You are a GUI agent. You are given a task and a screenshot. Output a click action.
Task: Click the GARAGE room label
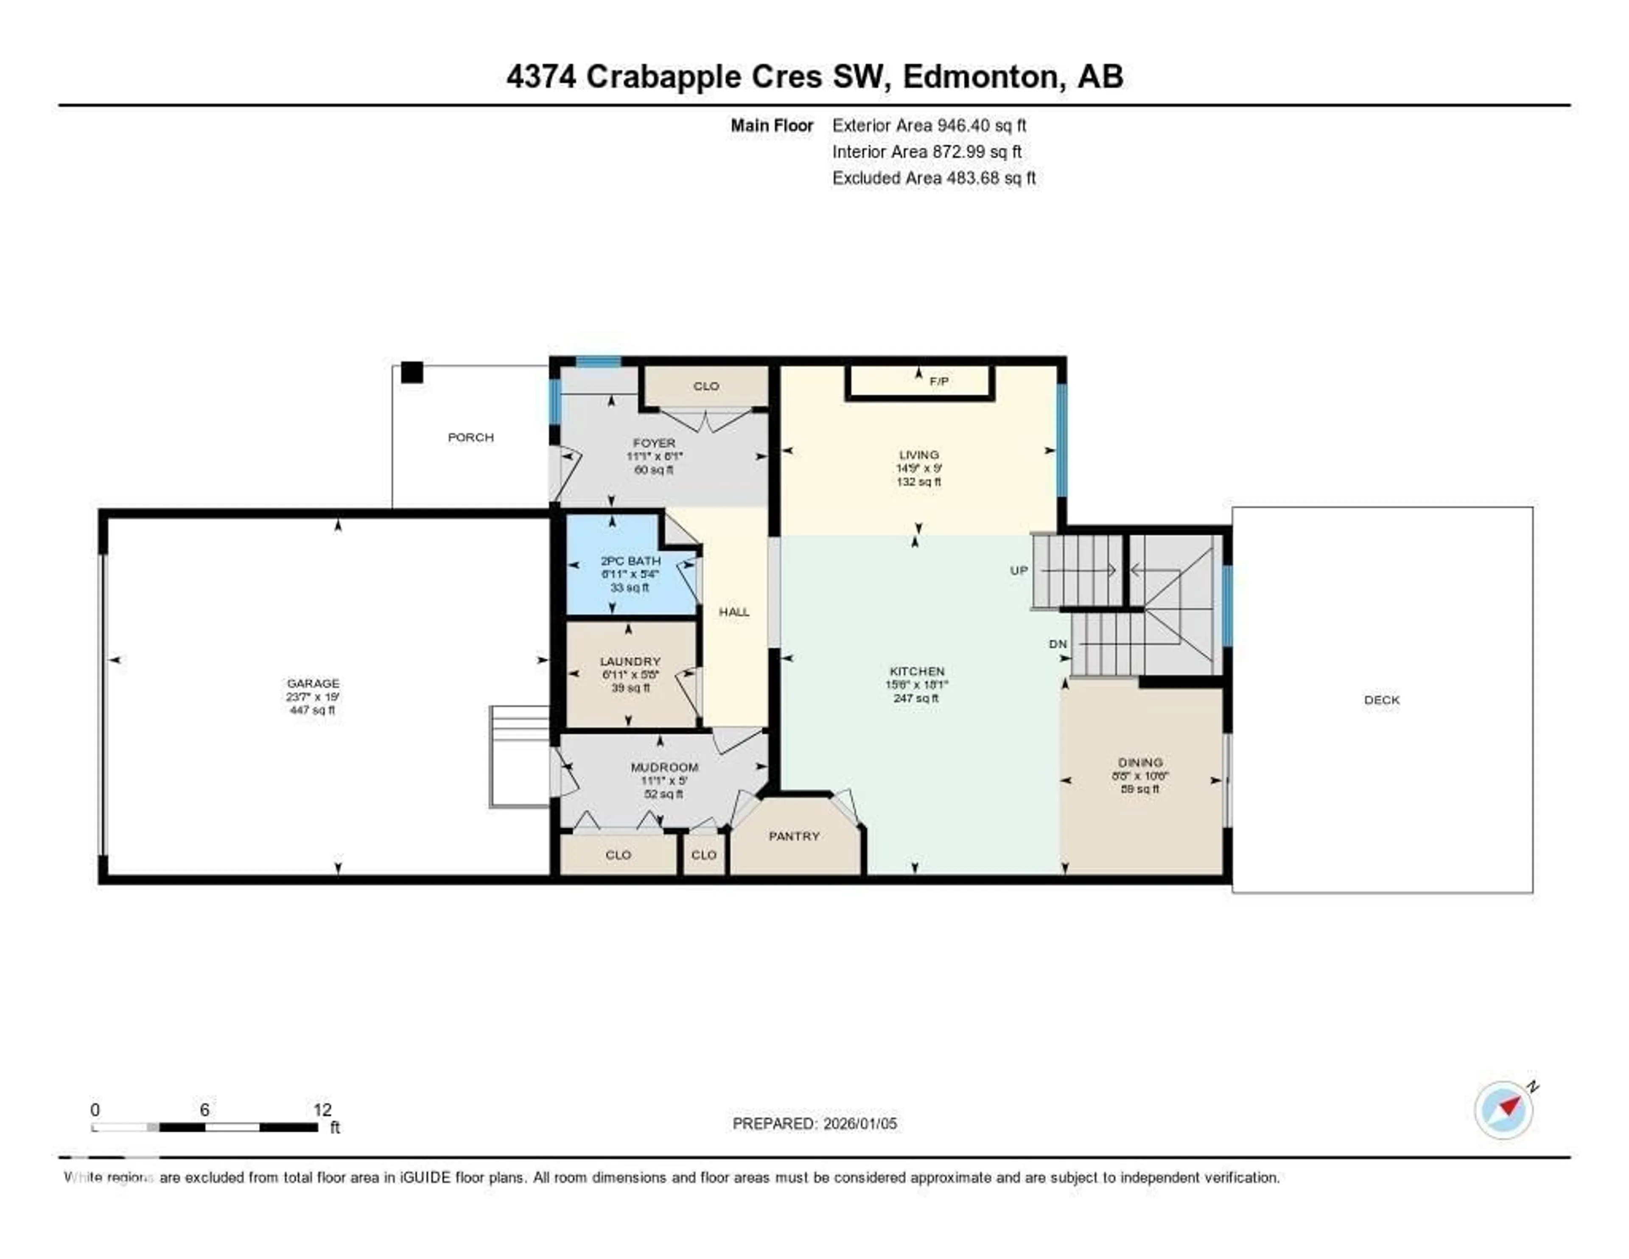point(313,683)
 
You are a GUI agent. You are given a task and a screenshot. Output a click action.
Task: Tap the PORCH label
point(470,437)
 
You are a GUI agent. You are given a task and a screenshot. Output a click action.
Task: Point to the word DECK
point(1381,700)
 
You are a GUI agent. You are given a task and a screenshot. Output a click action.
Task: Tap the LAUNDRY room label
point(630,661)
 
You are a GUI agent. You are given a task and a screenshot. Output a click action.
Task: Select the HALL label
point(734,612)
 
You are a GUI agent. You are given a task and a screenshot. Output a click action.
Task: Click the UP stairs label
point(1019,570)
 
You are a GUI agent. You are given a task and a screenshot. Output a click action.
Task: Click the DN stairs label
point(1058,644)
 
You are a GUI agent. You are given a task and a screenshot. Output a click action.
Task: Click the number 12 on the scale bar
point(322,1110)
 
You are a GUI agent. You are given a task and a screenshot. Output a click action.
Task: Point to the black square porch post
point(412,372)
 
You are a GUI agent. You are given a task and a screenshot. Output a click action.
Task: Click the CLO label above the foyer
point(705,386)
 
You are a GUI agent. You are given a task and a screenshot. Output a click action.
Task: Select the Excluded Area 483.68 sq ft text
point(934,177)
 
